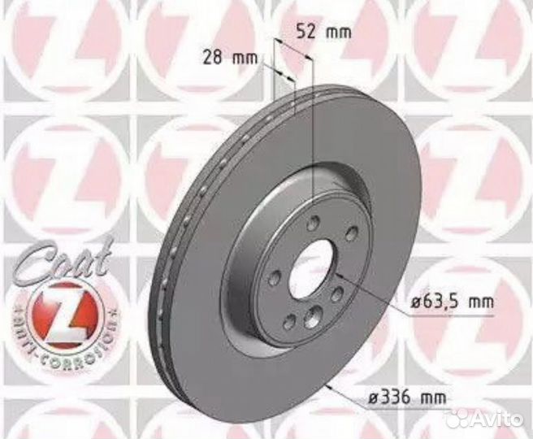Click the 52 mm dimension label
pyautogui.click(x=318, y=33)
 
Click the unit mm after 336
pyautogui.click(x=436, y=398)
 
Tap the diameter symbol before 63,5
pyautogui.click(x=414, y=302)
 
